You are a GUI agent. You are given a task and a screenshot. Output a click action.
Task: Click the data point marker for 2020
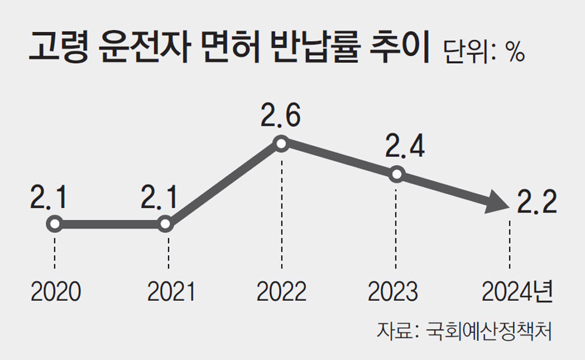54,224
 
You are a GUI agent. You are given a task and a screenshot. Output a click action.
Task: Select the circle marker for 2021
166,224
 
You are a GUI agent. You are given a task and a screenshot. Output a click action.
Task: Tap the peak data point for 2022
281,144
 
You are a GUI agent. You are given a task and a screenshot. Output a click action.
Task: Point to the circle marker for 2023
396,174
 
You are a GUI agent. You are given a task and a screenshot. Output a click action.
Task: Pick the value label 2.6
281,116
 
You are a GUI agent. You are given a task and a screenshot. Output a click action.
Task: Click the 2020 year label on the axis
54,291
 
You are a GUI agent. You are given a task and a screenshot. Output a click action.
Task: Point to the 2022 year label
282,291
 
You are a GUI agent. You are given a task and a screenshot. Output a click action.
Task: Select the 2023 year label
393,291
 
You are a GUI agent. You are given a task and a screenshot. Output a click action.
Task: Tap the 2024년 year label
517,291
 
